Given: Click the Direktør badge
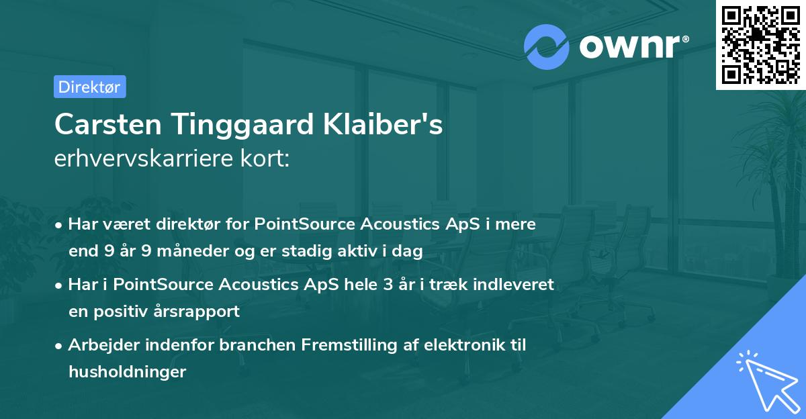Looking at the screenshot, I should tap(89, 87).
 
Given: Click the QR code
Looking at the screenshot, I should tap(760, 44).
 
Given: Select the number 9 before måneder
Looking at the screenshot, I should tap(148, 252).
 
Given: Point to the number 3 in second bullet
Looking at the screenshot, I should tap(388, 284).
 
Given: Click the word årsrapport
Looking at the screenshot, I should tap(201, 312).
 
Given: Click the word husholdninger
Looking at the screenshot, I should tap(127, 371).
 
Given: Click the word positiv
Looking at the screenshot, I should tap(126, 312).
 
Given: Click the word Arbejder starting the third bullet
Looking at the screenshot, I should tap(100, 344).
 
